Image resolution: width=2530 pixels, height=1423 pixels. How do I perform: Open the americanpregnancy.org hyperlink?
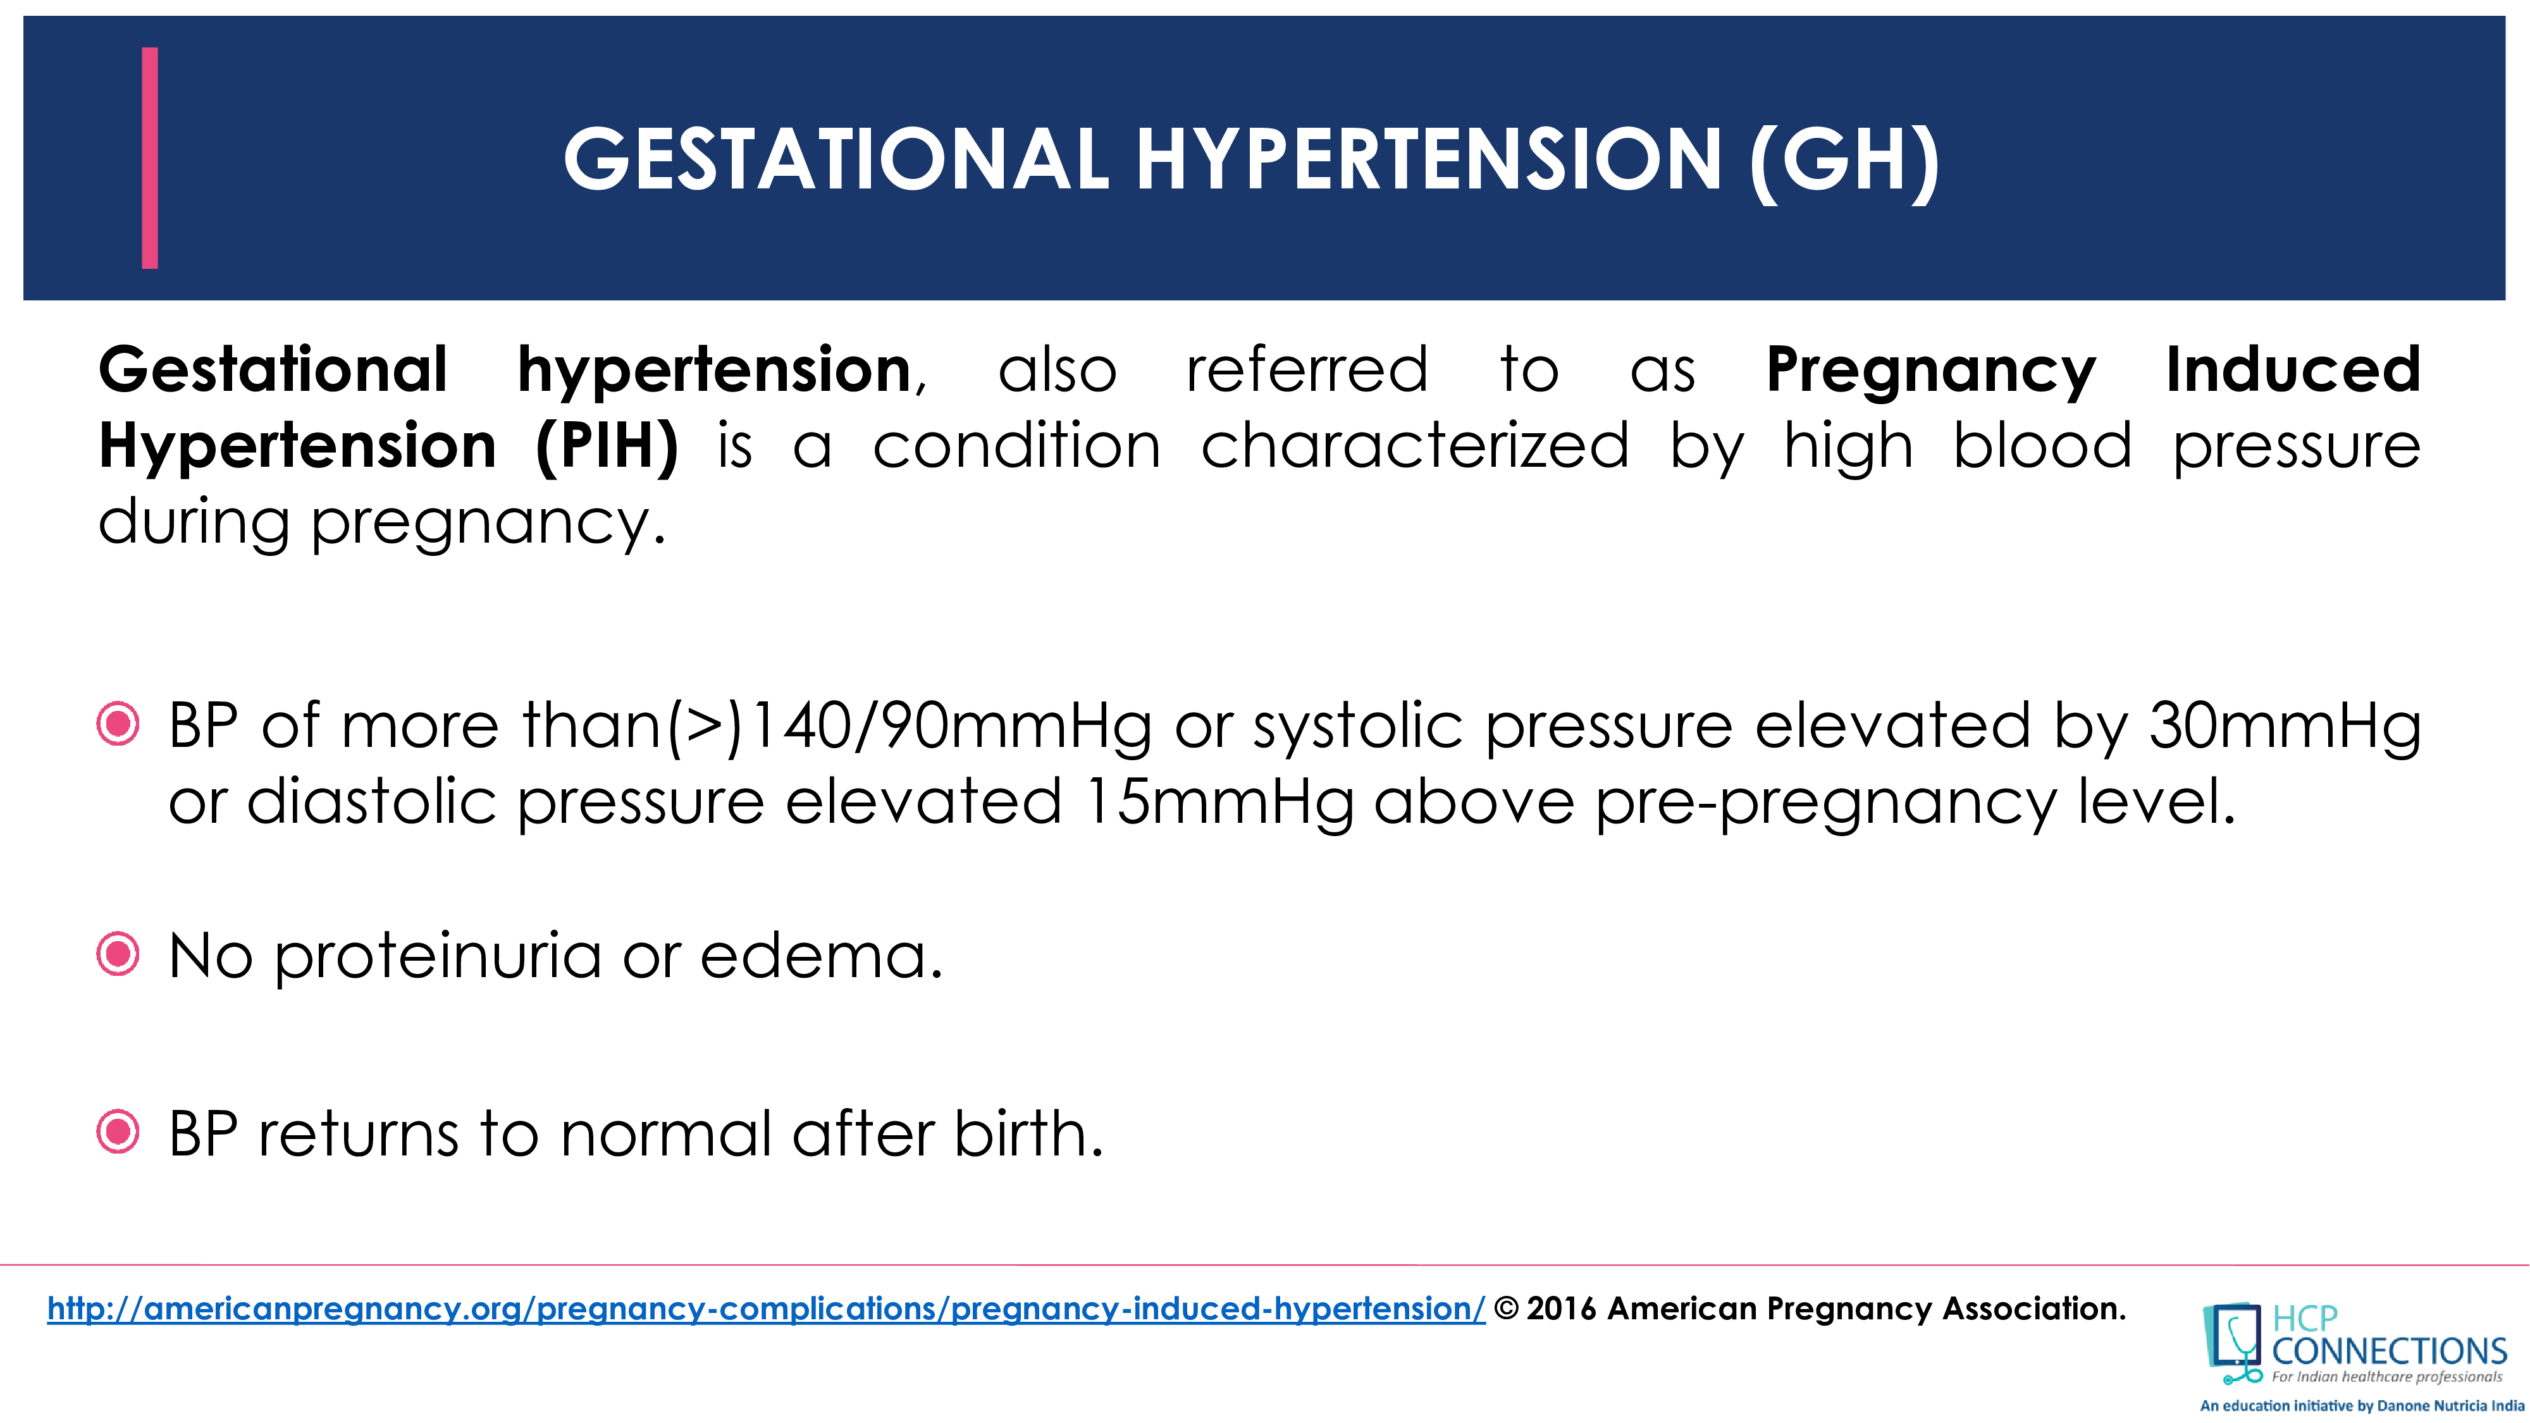click(766, 1309)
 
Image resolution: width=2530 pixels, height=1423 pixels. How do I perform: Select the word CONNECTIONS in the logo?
click(2388, 1352)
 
